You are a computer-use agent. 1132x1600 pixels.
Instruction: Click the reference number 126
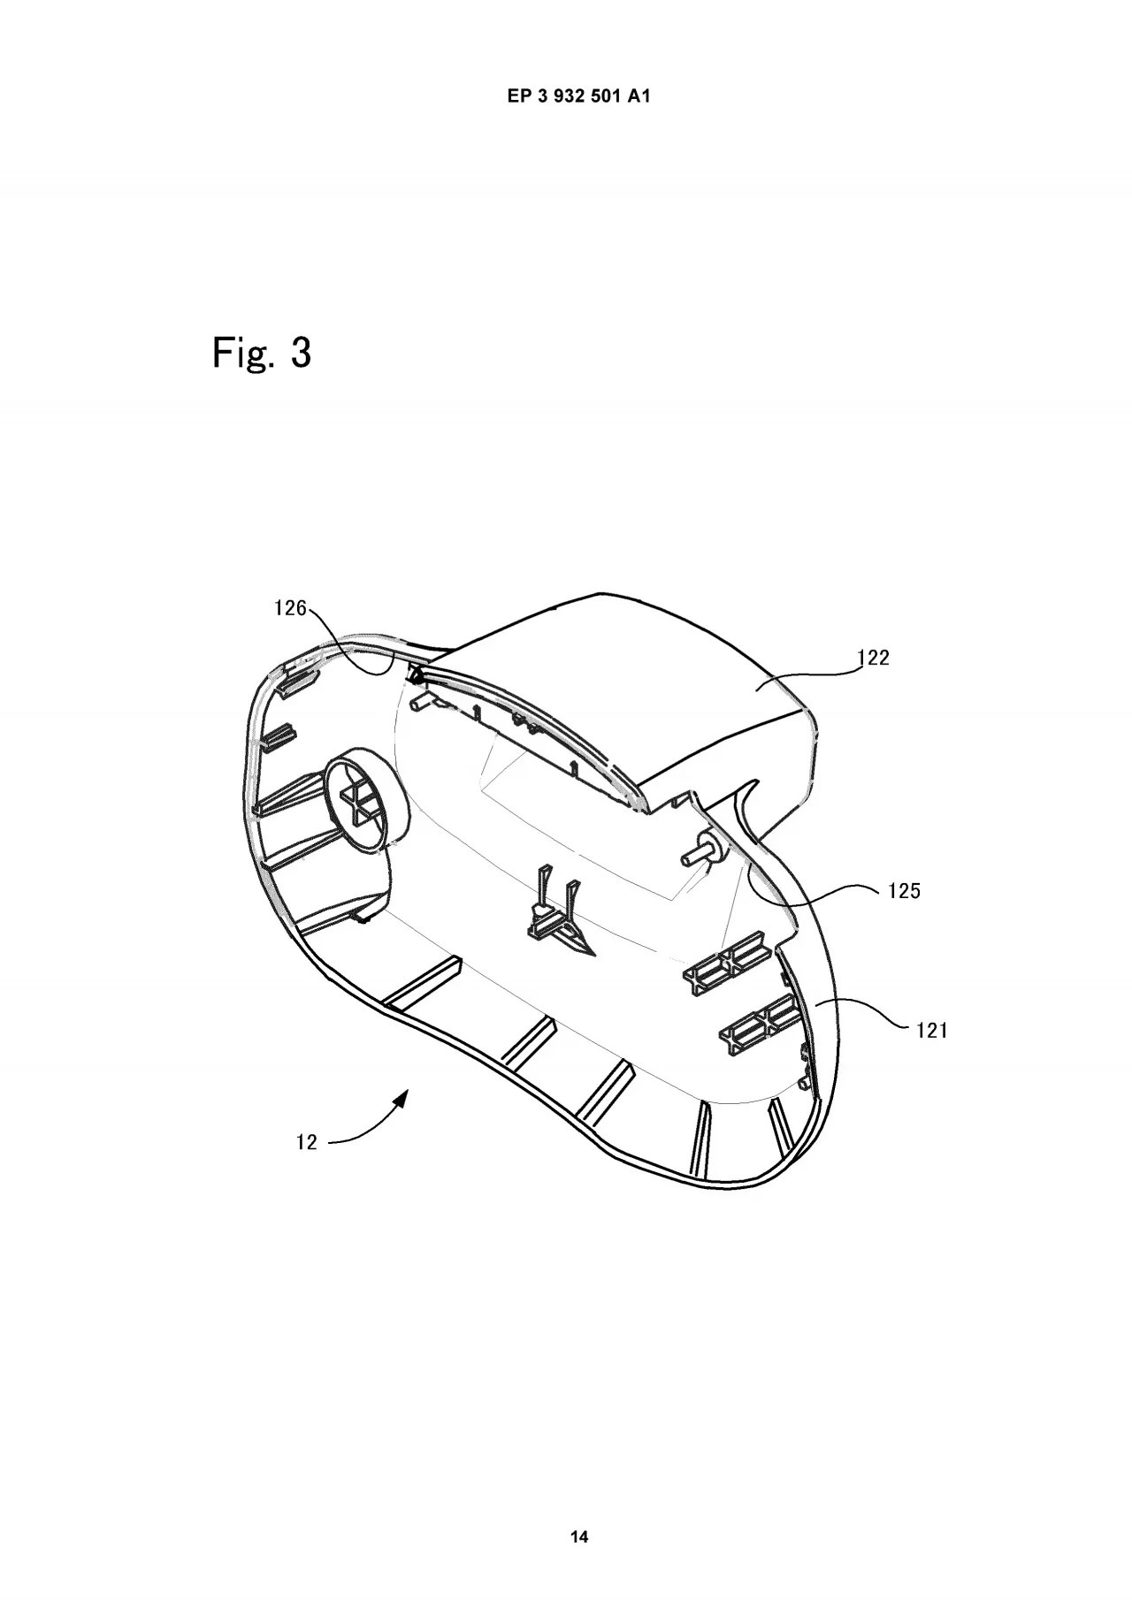289,608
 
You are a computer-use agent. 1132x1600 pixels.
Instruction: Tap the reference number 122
874,658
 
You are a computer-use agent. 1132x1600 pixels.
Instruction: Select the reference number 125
904,891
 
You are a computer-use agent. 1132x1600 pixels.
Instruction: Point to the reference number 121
931,1029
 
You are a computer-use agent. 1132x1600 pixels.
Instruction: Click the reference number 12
306,1143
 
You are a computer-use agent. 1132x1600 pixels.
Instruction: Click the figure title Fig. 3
262,353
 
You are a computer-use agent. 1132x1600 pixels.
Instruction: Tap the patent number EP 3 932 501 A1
579,97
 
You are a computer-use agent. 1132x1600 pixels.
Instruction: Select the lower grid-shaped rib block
759,1024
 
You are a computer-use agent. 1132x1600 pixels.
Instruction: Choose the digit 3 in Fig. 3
300,353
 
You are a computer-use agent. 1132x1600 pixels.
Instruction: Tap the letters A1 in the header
639,97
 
